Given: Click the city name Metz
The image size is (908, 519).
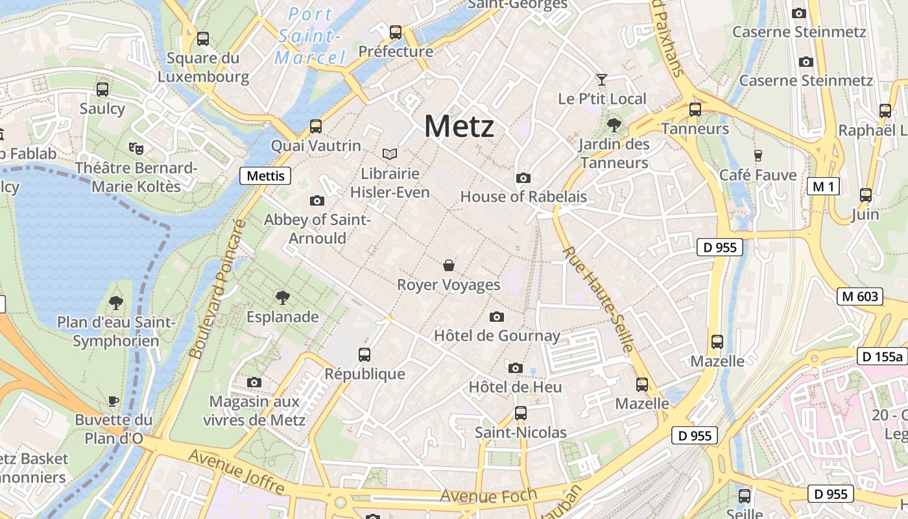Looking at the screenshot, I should coord(459,126).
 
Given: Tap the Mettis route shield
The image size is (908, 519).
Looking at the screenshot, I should coord(265,175).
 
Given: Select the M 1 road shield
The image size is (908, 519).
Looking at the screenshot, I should coord(823,187).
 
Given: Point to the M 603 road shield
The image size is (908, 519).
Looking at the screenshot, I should coord(860,296).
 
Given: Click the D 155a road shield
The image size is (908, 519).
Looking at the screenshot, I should coord(881,356).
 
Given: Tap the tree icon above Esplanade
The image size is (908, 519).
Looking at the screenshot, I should coord(282,298).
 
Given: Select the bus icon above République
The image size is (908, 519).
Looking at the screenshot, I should coord(364,354).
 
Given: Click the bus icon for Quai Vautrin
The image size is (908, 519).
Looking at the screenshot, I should coord(316,126).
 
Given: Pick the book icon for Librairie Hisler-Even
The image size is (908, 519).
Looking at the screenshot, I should coord(390,154).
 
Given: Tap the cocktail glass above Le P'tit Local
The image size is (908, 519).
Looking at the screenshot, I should coord(602,80).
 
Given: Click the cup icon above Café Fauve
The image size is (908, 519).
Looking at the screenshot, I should coord(758,155).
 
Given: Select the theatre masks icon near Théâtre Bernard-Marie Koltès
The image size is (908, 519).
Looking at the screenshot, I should coord(136,149).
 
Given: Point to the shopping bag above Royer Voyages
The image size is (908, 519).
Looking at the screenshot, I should coord(448,265).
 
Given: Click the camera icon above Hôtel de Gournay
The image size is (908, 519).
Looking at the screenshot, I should coord(497,317).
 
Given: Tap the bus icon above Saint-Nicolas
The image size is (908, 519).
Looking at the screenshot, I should coord(520,413).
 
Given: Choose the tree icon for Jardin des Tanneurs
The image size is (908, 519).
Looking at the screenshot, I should coord(614,125).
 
